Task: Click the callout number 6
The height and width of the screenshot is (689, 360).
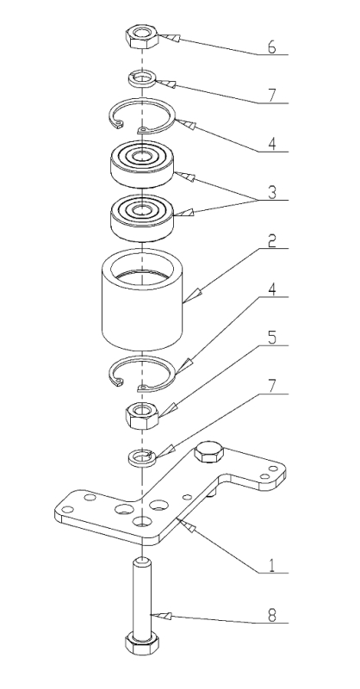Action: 271,47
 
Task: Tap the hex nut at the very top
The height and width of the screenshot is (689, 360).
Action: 141,36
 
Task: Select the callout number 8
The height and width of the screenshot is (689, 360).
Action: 272,616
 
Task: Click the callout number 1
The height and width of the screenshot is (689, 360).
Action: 271,566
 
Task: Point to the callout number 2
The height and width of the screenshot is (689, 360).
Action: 272,241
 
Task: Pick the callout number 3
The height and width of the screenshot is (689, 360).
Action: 272,192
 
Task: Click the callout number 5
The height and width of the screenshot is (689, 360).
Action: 272,338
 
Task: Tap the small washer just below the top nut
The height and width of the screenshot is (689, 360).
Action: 141,79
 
